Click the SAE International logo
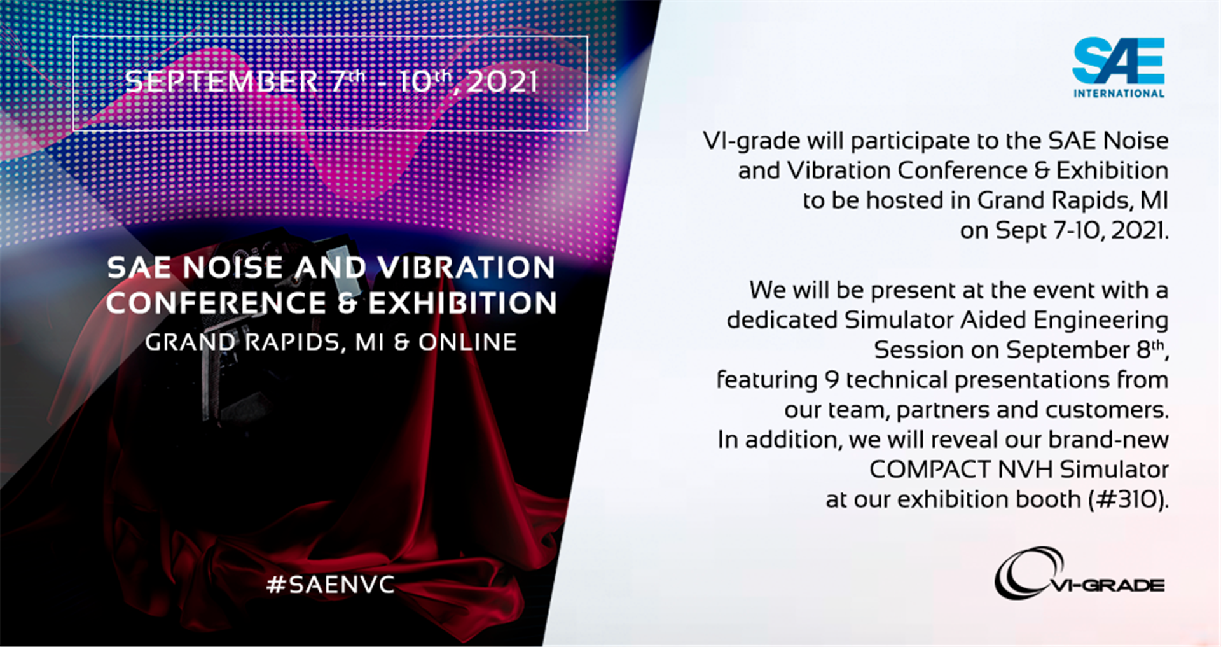(1119, 67)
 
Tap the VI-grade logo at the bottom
(1079, 573)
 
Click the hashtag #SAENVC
(331, 584)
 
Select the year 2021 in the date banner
(502, 82)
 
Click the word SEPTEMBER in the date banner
(221, 81)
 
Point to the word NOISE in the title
(232, 267)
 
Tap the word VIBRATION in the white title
(465, 267)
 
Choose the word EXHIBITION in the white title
(462, 303)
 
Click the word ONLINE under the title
(467, 342)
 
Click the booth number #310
(1126, 499)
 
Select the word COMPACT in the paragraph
(930, 470)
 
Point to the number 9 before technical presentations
(831, 380)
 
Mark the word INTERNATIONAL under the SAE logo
(1119, 94)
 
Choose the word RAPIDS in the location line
(293, 342)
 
